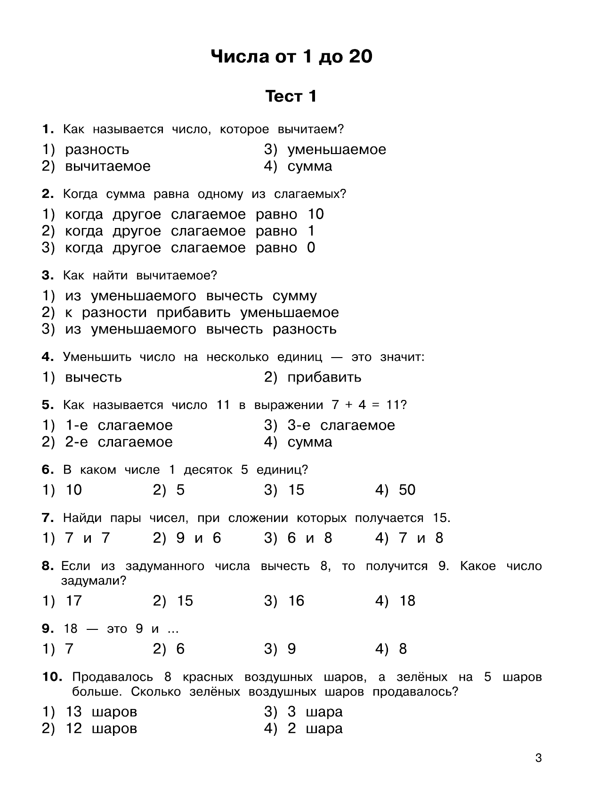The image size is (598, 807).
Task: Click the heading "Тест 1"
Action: (291, 96)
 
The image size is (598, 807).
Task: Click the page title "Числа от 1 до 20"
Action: (291, 57)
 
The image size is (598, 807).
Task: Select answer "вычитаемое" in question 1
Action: (107, 166)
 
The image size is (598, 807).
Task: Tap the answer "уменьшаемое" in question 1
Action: (336, 149)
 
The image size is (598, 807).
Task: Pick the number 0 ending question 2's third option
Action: (311, 248)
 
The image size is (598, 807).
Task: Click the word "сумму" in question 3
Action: (295, 296)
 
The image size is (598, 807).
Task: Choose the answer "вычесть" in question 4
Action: (93, 377)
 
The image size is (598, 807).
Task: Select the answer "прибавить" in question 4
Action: (324, 377)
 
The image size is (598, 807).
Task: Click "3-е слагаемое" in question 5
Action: (341, 425)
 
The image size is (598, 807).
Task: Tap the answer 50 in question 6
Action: (407, 490)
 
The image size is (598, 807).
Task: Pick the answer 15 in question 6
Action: (296, 490)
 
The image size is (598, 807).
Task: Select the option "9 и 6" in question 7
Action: (198, 538)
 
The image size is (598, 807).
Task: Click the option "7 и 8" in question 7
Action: (420, 538)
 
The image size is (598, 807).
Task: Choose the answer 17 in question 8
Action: (73, 601)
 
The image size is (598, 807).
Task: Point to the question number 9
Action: (46, 628)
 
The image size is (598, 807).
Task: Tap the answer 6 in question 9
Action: (180, 649)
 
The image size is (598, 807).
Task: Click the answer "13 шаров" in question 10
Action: (101, 711)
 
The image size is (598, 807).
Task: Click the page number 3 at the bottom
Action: (539, 758)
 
